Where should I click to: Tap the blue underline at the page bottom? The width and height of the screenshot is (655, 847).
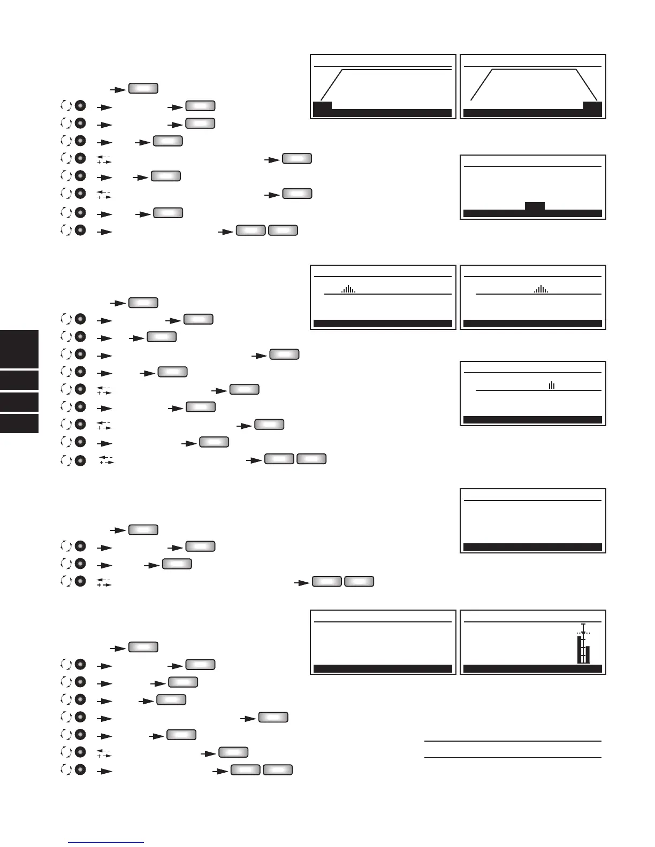[x=106, y=843]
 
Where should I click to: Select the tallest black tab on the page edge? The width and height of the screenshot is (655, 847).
[x=19, y=349]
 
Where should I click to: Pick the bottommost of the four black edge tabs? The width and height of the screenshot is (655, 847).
[x=19, y=423]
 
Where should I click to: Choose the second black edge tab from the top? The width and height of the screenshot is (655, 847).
[x=19, y=380]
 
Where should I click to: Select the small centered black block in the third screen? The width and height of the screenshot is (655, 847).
[x=535, y=206]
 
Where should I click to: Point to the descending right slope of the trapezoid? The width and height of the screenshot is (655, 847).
[x=587, y=84]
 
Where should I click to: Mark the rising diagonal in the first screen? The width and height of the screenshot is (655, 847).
[x=331, y=84]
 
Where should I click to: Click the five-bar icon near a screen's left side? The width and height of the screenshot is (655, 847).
[x=348, y=289]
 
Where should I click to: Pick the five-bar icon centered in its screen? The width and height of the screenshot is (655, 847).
[x=541, y=289]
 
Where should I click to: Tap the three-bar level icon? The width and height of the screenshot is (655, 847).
[x=552, y=385]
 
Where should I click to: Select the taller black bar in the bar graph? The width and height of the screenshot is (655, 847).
[x=580, y=649]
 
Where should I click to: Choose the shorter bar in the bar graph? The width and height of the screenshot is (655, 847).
[x=588, y=654]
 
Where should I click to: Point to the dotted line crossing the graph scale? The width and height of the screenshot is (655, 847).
[x=583, y=633]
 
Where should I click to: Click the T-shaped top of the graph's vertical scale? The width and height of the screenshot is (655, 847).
[x=583, y=625]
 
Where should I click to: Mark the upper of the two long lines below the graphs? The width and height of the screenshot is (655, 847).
[x=513, y=741]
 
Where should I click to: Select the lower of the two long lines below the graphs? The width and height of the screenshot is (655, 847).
[x=513, y=758]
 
